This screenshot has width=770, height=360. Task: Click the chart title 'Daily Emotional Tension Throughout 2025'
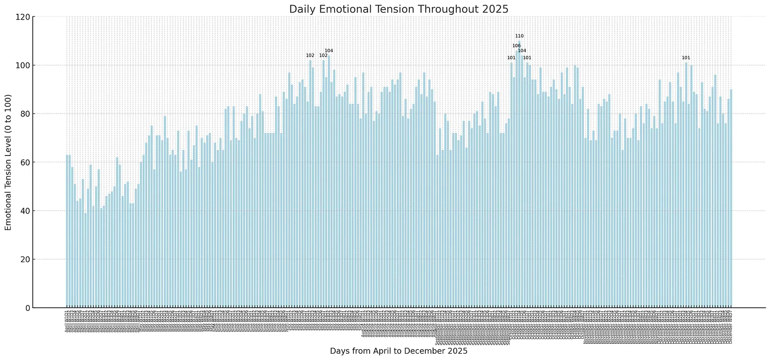(x=398, y=9)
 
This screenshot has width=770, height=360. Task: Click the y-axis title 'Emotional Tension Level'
(x=8, y=162)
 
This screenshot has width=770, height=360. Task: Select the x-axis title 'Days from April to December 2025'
(x=398, y=351)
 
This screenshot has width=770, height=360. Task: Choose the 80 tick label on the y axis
(x=23, y=114)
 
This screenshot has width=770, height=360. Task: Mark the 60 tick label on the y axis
(x=23, y=162)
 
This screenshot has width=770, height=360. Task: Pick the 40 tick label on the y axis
(x=23, y=211)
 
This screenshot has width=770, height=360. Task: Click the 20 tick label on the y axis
(x=23, y=260)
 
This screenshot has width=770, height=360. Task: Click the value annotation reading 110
(x=519, y=36)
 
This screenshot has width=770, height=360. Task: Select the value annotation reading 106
(x=517, y=46)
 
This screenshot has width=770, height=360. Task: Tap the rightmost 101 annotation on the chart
(x=686, y=58)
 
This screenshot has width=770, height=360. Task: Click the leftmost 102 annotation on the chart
(x=310, y=56)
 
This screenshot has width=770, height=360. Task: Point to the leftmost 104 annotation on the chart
(x=329, y=51)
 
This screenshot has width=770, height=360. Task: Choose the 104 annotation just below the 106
(x=522, y=51)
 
